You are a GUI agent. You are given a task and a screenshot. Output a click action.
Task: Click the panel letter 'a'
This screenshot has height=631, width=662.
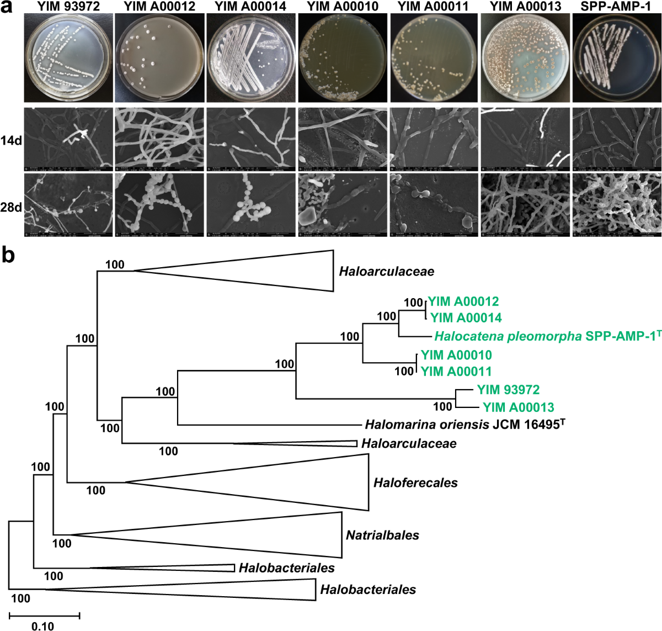(8, 7)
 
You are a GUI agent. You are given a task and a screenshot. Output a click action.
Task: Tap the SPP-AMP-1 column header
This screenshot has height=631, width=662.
(616, 7)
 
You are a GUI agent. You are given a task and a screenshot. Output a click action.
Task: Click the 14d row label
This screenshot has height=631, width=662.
(12, 140)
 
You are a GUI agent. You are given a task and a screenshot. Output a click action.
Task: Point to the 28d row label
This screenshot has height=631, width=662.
(12, 208)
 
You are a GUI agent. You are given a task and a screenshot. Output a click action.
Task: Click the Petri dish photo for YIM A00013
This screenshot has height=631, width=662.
(525, 57)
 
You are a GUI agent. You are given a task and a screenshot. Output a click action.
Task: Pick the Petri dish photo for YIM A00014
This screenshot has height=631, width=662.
(251, 57)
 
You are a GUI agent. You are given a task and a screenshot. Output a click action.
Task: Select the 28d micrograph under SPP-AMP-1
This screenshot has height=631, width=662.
(616, 205)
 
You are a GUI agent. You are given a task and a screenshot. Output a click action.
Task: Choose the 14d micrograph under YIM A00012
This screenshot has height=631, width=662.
(159, 139)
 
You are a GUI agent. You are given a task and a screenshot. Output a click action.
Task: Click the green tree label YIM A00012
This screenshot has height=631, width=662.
(463, 301)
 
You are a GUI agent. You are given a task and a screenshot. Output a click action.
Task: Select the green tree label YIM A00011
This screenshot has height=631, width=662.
(456, 372)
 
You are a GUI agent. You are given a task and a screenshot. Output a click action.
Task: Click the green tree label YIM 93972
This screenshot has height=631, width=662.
(508, 390)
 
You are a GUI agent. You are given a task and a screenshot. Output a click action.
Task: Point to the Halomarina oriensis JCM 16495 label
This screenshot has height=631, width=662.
(465, 425)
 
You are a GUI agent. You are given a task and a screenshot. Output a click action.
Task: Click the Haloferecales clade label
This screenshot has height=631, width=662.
(415, 482)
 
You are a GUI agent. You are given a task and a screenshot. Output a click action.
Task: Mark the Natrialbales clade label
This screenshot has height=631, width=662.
(382, 535)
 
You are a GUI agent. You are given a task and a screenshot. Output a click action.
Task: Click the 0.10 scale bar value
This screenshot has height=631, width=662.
(42, 626)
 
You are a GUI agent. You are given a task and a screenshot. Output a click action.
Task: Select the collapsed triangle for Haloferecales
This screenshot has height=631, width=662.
(287, 482)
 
